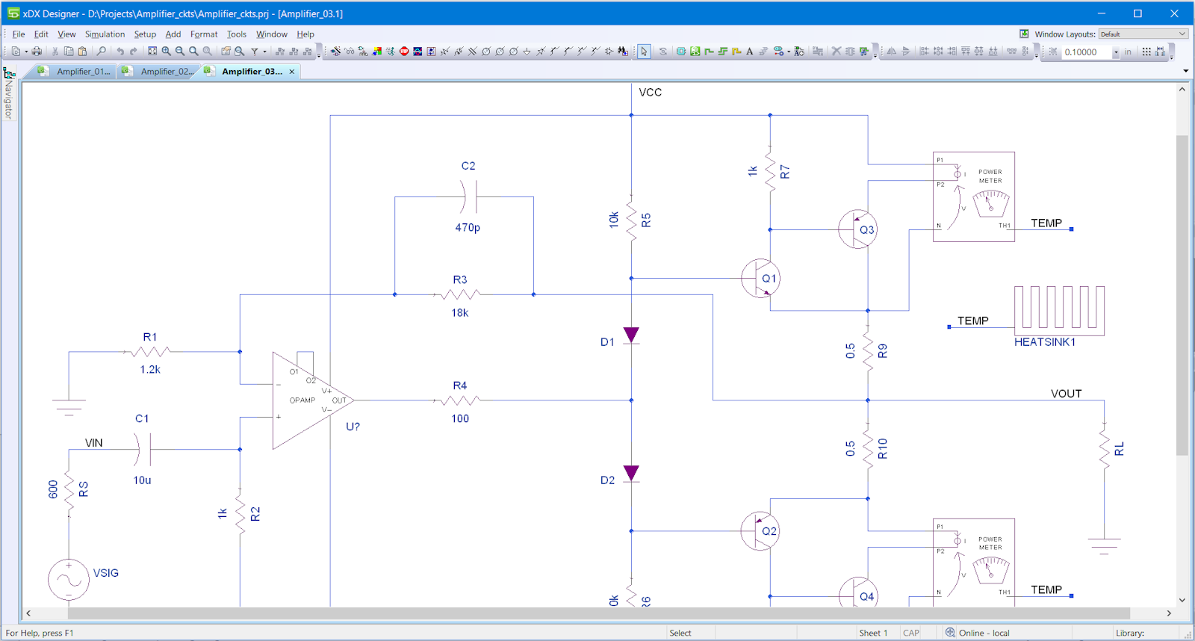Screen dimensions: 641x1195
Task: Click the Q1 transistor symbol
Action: pos(760,279)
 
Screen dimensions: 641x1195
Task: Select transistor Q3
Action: pos(857,229)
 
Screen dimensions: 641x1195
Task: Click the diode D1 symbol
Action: pos(631,335)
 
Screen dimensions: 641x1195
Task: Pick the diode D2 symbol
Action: pos(631,474)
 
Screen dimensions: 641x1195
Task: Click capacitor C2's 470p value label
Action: pos(468,227)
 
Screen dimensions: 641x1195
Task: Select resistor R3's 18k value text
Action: pos(460,313)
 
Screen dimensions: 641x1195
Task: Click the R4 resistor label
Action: pos(460,385)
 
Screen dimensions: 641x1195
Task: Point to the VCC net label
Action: pos(650,93)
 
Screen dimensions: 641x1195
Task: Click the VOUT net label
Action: pos(1066,394)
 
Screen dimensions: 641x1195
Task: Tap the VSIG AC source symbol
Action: pos(69,580)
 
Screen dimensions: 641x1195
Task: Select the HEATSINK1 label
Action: pos(1044,342)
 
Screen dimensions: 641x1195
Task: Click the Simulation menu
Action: pos(105,34)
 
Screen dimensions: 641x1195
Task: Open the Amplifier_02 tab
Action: pos(167,72)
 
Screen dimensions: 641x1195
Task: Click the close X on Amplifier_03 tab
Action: pos(292,72)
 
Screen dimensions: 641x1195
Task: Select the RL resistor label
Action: pos(1119,449)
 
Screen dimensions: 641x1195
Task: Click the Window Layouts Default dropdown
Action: pos(1143,34)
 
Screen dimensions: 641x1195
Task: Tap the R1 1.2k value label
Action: pos(150,370)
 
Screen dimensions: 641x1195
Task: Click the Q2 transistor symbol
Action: pos(760,531)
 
